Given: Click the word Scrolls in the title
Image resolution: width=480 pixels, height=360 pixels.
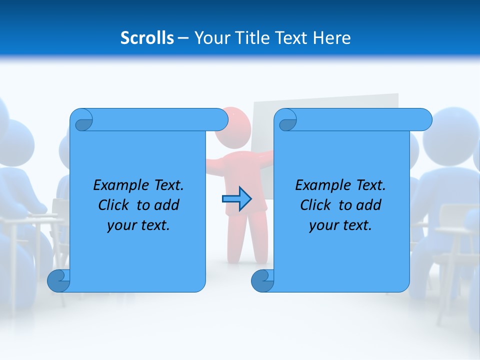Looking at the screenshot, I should point(147,38).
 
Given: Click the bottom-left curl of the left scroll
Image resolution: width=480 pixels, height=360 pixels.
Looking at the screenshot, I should point(59,281).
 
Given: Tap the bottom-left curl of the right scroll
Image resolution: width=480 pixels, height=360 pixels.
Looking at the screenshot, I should point(263,281).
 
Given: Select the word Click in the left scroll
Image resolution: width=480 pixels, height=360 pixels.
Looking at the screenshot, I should point(109,205).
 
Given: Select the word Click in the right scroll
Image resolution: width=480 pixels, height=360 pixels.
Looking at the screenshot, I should point(311,205).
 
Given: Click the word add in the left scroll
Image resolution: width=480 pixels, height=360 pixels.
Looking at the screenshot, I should point(167,205).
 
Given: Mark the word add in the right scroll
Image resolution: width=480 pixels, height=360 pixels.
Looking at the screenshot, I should point(369,205).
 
